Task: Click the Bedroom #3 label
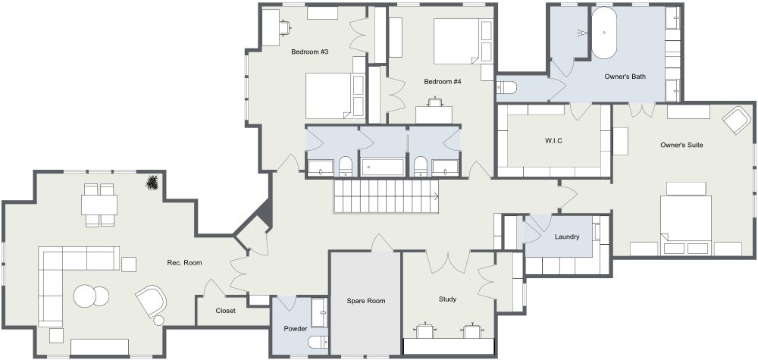point(310,52)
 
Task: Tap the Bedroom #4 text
point(443,82)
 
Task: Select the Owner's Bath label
point(625,77)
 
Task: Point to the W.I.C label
point(553,141)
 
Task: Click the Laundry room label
point(566,236)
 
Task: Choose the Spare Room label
point(366,301)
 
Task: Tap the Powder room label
point(296,329)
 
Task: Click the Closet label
point(225,311)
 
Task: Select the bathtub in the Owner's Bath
point(604,33)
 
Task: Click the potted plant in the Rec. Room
point(153,183)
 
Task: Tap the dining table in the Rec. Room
point(99,205)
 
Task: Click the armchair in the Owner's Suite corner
point(736,119)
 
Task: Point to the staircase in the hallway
point(386,196)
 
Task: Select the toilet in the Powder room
point(318,343)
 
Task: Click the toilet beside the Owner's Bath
point(507,87)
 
